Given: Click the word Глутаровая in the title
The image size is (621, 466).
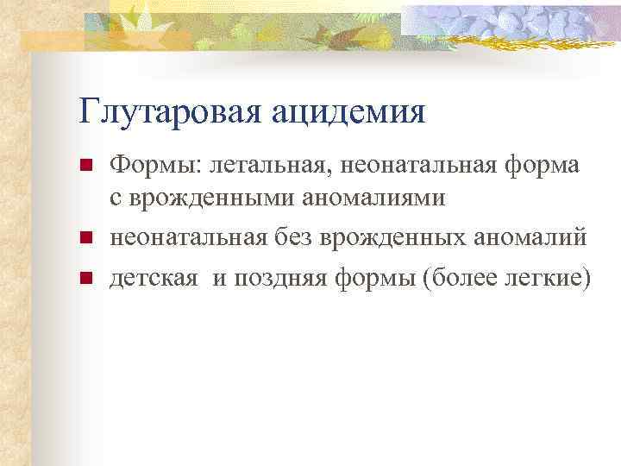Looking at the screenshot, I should [172, 111].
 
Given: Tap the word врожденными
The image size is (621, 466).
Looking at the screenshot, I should [209, 199].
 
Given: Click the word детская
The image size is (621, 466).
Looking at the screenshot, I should [148, 278].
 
